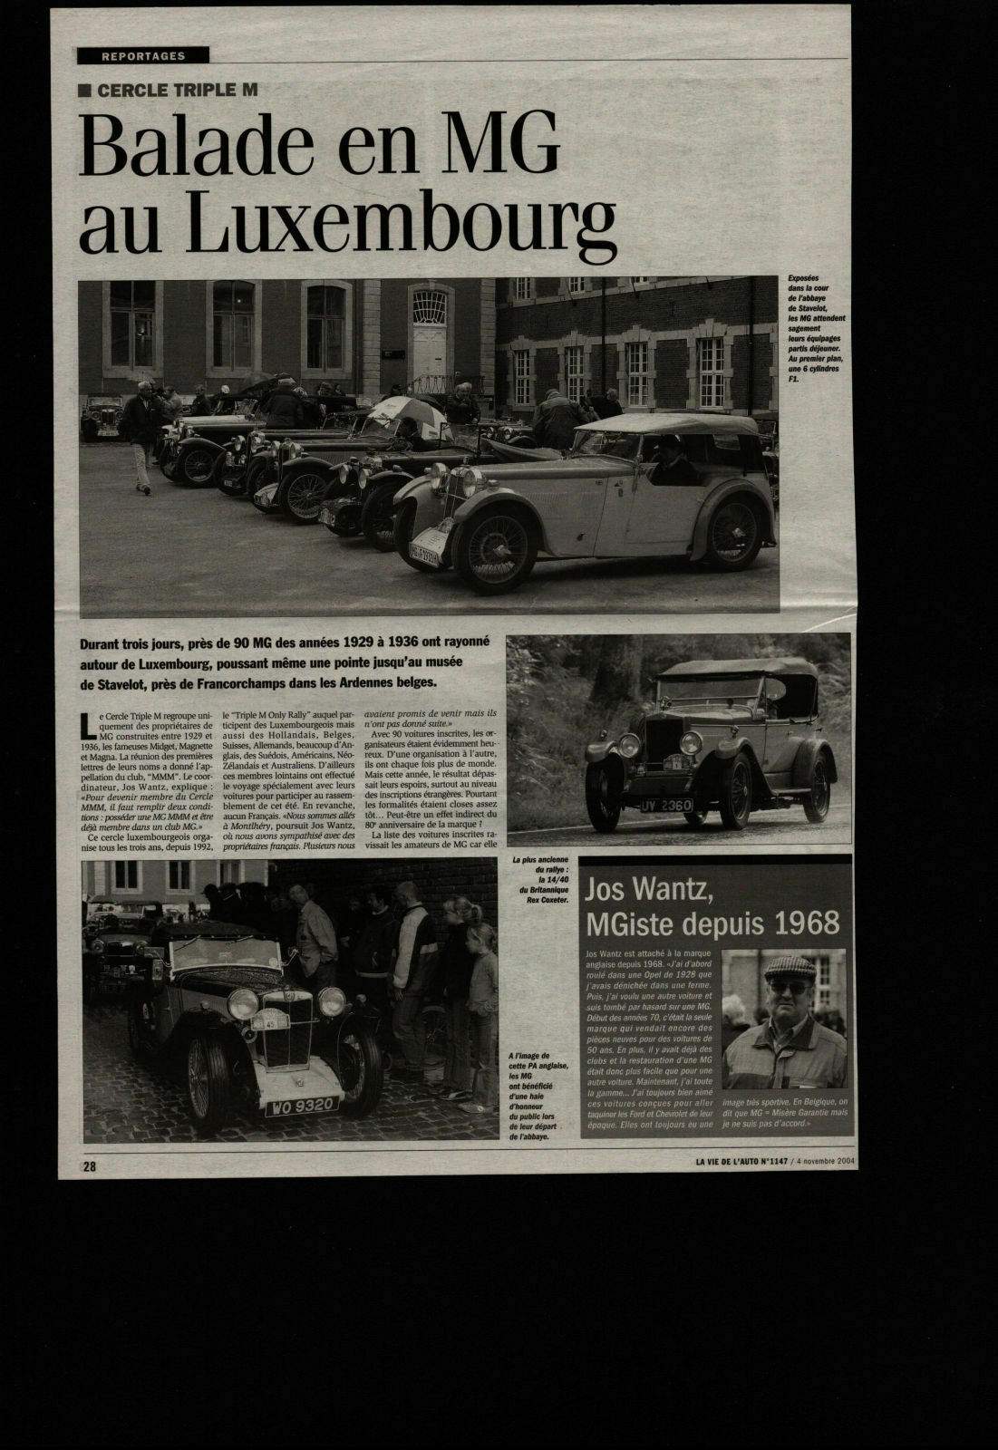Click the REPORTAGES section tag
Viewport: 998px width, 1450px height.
point(143,55)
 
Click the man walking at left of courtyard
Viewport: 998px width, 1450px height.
point(140,434)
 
